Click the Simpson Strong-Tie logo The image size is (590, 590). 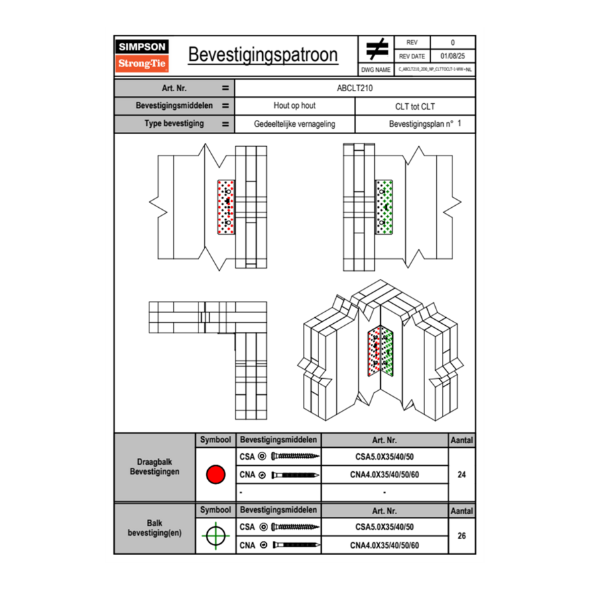[143, 56]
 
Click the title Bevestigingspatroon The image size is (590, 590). [263, 55]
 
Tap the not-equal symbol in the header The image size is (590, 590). [377, 50]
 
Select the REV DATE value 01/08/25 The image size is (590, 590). [453, 56]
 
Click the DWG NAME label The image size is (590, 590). [375, 69]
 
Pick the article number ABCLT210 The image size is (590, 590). [355, 88]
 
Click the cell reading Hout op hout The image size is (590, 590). [294, 106]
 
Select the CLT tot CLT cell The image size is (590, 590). [415, 107]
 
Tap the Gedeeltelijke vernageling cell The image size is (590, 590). [294, 124]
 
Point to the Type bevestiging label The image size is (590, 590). [174, 124]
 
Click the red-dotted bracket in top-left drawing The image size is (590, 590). [227, 206]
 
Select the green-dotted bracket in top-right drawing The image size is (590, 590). [384, 207]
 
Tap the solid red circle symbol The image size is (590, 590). [215, 475]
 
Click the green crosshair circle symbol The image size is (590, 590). [215, 536]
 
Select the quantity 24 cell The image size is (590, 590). [461, 475]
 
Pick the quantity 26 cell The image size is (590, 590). [461, 536]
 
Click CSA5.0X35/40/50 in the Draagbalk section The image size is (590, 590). [384, 457]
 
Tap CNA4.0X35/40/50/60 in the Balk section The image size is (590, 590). [384, 545]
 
